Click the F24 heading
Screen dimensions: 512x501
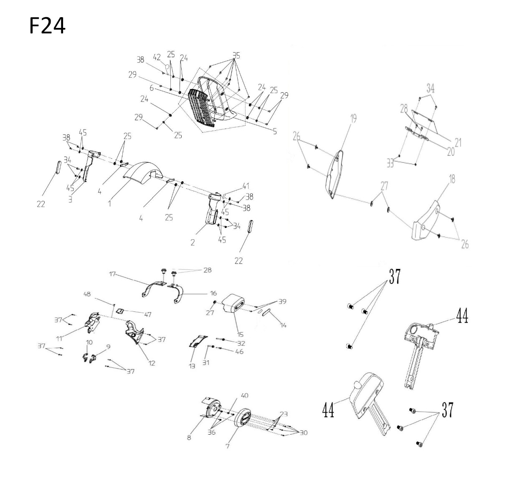tap(47, 26)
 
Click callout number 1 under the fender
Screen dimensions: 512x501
tap(109, 204)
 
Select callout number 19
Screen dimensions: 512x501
tap(353, 119)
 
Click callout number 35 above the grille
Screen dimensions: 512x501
tap(236, 56)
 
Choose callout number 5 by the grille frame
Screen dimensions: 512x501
tap(275, 131)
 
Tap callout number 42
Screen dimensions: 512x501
tap(157, 57)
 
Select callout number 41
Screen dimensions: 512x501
tap(246, 186)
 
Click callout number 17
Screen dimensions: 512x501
tap(112, 273)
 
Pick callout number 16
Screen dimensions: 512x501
tap(214, 293)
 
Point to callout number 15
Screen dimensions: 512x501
tap(241, 334)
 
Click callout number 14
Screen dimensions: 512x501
tap(283, 325)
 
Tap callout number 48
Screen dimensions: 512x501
tap(87, 294)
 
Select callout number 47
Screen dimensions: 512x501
tap(148, 314)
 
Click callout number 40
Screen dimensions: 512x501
tap(244, 395)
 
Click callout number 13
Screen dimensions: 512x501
tap(192, 366)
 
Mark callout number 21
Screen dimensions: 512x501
tap(458, 143)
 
